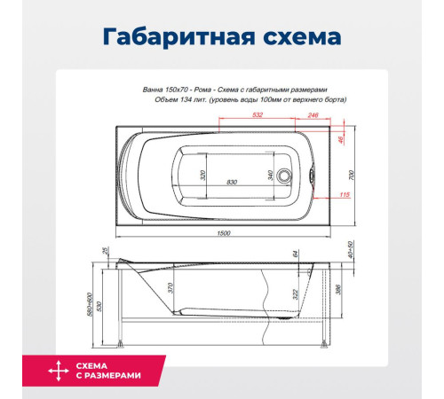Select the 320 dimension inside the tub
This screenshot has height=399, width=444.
[202, 176]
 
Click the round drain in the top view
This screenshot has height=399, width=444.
[285, 175]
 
